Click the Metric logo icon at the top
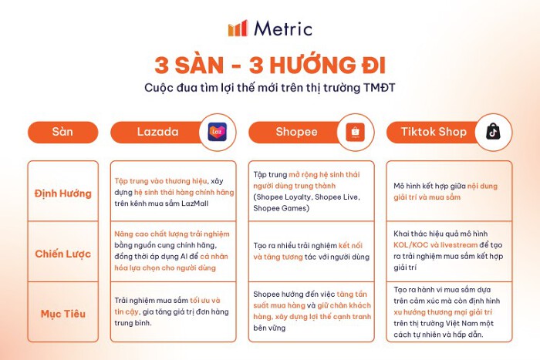(x=237, y=29)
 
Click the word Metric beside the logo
(x=282, y=29)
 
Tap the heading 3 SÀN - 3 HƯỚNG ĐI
(x=270, y=62)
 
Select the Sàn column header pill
(x=62, y=132)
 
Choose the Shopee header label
(x=296, y=132)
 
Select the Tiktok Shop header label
(x=434, y=132)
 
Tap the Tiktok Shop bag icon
(x=492, y=132)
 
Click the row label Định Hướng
(x=62, y=193)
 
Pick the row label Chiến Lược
(x=62, y=254)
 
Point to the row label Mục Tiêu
(x=62, y=314)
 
